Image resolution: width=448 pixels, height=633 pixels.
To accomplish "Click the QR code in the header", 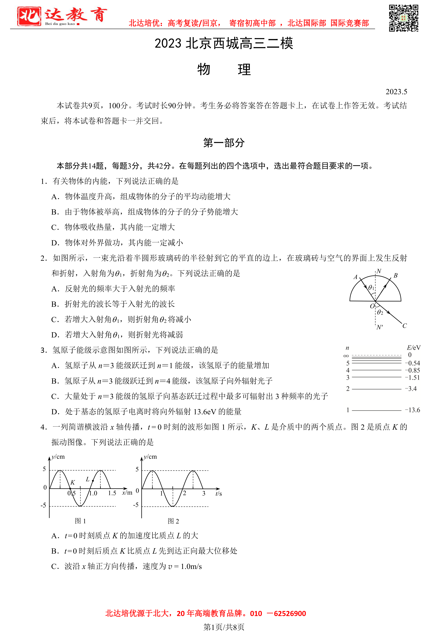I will click(403, 18).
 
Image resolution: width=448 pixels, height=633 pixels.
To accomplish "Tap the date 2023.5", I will click(396, 92).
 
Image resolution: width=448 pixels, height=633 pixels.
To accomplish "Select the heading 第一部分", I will click(224, 143).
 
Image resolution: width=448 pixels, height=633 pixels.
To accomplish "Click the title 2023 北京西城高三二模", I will click(224, 43).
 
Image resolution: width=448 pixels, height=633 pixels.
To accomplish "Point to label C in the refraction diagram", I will click(405, 326).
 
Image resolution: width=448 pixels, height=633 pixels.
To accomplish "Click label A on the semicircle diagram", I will click(356, 277).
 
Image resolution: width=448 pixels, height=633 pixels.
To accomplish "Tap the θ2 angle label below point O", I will click(380, 312).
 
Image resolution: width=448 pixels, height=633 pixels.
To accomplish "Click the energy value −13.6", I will click(412, 410).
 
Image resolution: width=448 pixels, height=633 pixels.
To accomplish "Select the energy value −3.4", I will click(411, 389).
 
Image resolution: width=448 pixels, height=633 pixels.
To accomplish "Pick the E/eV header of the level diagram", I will click(414, 348).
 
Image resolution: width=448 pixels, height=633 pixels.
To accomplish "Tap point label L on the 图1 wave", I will click(88, 479).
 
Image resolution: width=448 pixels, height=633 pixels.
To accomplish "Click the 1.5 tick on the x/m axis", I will click(112, 493).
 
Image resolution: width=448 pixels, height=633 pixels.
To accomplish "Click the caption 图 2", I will click(173, 521).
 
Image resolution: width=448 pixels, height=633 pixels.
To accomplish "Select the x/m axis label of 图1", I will click(127, 493).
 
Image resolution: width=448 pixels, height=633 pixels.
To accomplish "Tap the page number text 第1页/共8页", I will click(224, 627).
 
